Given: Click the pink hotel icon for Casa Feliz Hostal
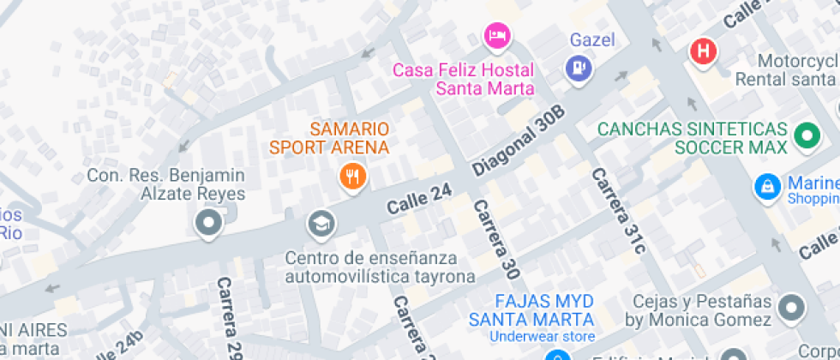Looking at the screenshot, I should point(498,35).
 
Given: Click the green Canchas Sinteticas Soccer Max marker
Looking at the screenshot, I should point(806,135).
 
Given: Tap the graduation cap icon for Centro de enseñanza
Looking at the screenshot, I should point(321,225).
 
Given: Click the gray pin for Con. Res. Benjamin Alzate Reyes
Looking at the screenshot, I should point(207,225).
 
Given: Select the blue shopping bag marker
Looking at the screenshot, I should point(765,186).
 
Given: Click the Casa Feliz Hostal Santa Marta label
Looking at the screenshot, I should point(463,79).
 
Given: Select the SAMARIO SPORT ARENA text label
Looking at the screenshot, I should point(330,138).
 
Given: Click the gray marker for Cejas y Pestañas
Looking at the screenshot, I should point(793,308).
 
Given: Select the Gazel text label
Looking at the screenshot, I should point(592,40).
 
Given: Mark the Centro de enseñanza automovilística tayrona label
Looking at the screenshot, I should point(380,267).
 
